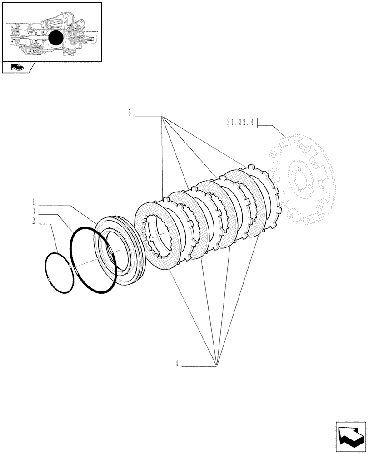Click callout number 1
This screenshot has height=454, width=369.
pos(34,201)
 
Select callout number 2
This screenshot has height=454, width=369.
pos(34,221)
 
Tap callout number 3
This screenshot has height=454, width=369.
pos(34,211)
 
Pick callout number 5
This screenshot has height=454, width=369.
pos(130,113)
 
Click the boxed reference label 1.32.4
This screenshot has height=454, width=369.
pos(241,122)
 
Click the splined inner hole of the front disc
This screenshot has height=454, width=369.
pos(156,234)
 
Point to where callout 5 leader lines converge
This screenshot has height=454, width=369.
pos(162,117)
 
